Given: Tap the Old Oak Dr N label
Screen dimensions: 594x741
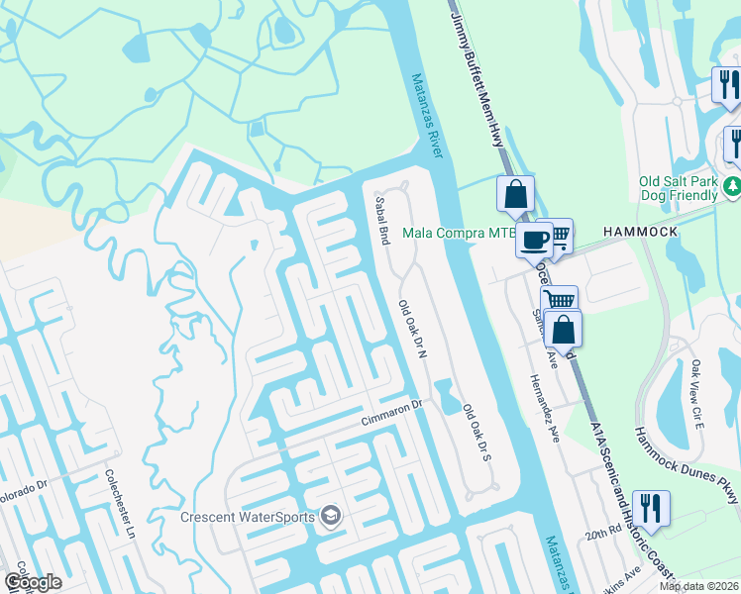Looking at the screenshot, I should tap(411, 331).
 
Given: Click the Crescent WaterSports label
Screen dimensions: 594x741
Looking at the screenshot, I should tap(247, 516).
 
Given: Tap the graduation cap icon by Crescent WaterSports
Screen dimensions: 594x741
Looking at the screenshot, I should tap(331, 516).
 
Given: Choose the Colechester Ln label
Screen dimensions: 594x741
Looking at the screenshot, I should tap(120, 505).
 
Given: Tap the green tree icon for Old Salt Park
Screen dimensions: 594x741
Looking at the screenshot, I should tap(732, 185).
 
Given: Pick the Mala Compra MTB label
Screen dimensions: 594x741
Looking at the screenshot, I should tap(458, 235).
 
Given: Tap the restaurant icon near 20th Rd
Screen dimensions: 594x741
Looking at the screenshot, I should tap(651, 507).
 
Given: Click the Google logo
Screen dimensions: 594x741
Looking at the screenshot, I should tap(32, 582).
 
